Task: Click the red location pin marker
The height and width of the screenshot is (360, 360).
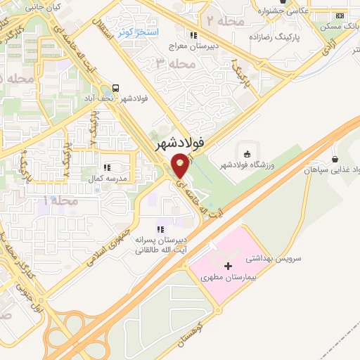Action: tap(181, 166)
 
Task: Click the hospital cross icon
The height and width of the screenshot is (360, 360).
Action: tap(227, 266)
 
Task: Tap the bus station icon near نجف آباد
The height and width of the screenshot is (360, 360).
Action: tap(115, 89)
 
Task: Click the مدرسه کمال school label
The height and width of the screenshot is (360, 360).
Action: tap(107, 178)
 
